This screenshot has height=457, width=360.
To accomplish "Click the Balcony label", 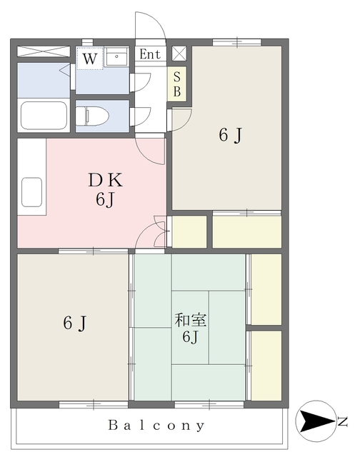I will click(156, 426).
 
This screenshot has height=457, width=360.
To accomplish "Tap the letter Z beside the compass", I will click(343, 421).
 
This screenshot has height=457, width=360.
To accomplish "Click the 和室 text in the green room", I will click(189, 318).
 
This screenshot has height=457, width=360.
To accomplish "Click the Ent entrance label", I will click(149, 54).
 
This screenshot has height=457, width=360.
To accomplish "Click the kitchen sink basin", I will click(32, 191).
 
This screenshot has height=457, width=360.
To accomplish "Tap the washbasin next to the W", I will click(116, 57).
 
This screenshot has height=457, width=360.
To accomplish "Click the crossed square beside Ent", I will click(178, 54).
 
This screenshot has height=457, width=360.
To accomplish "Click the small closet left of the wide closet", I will click(189, 231).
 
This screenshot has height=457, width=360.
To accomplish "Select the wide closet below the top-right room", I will click(247, 231).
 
